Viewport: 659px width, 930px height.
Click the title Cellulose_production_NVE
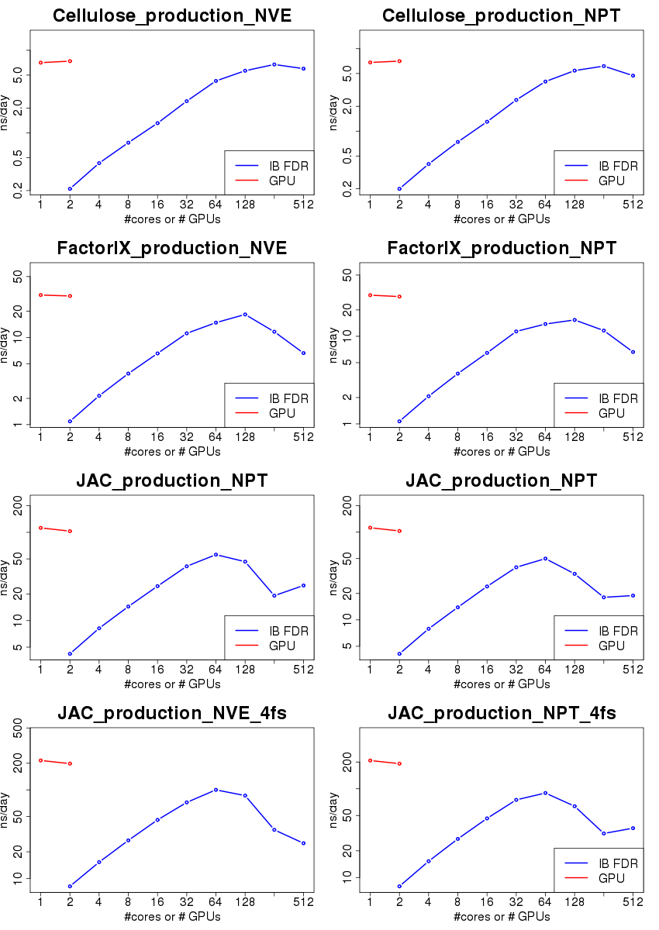pyautogui.click(x=172, y=16)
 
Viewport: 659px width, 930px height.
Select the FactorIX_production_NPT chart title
pyautogui.click(x=502, y=249)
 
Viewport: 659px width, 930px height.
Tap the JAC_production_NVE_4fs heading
pyautogui.click(x=172, y=714)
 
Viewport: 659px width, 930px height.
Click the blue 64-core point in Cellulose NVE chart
pyautogui.click(x=216, y=81)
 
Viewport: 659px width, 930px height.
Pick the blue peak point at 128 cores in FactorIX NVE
pyautogui.click(x=245, y=314)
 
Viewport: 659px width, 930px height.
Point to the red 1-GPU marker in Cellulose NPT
pyautogui.click(x=370, y=63)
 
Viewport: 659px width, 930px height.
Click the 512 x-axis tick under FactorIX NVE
pyautogui.click(x=303, y=436)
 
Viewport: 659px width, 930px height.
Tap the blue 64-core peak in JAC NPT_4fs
pyautogui.click(x=545, y=793)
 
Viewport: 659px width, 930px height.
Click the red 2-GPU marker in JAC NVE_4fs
pyautogui.click(x=70, y=763)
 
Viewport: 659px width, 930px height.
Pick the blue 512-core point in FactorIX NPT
pyautogui.click(x=633, y=352)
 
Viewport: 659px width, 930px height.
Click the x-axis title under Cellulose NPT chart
pyautogui.click(x=502, y=219)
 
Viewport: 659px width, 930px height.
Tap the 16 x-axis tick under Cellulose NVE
pyautogui.click(x=157, y=204)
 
